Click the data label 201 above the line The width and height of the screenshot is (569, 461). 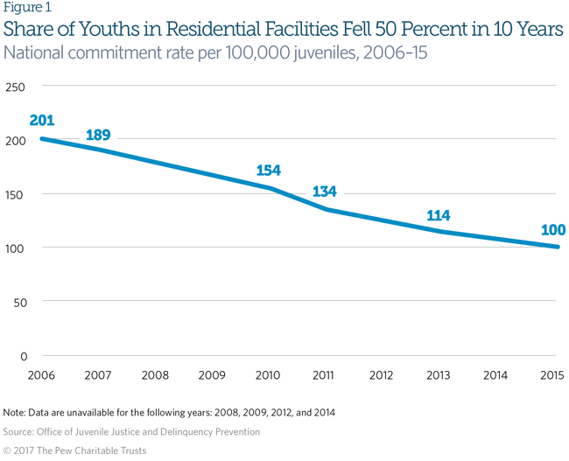click(43, 120)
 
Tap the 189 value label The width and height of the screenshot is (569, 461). click(98, 136)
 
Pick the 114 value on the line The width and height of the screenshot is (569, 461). click(439, 216)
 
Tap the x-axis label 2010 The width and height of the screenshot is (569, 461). click(268, 375)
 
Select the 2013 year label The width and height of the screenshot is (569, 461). click(439, 375)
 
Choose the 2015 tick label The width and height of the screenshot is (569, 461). click(551, 375)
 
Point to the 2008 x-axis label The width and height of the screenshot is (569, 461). click(154, 375)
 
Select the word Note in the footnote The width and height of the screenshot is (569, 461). click(15, 412)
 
